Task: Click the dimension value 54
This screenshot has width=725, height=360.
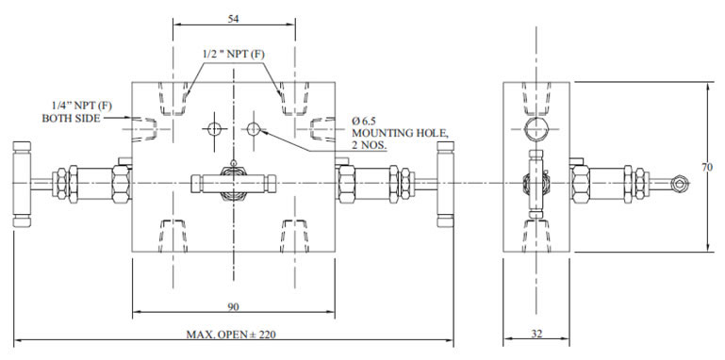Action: (234, 19)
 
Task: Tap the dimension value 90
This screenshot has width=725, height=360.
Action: (234, 306)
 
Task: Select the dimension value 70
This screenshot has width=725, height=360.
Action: (707, 168)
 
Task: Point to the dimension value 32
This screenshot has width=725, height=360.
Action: (536, 334)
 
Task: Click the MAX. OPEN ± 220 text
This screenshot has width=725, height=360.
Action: (231, 335)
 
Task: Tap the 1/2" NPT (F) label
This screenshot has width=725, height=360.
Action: (234, 54)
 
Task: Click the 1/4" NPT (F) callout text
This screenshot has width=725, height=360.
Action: (82, 106)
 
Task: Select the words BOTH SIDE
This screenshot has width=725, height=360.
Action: (71, 119)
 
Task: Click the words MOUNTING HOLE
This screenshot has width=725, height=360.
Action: (401, 133)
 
